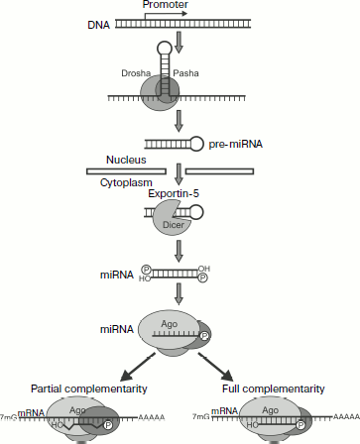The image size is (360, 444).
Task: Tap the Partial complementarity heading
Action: coord(91,387)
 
